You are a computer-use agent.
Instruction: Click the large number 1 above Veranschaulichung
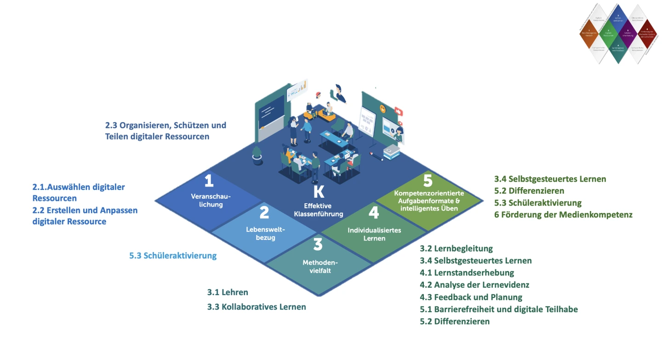(209, 180)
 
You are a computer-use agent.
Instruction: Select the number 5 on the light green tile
(428, 180)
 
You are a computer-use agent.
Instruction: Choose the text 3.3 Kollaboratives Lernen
(257, 307)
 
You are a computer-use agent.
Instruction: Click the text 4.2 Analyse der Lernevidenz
(474, 285)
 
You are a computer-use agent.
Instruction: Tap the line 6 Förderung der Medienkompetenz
(563, 215)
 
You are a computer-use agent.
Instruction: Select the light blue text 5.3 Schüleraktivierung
(173, 256)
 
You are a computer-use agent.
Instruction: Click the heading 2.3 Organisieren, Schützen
(165, 125)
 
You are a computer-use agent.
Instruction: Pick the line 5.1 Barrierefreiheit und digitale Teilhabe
(499, 309)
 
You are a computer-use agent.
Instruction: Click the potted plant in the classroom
(257, 155)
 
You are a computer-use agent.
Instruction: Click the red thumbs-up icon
(399, 112)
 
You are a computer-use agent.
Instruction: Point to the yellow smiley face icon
(382, 109)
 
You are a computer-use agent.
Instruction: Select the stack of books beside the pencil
(391, 152)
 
